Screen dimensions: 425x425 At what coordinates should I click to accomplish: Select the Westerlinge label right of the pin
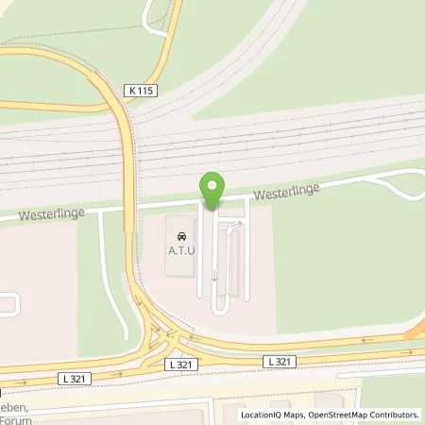(285, 192)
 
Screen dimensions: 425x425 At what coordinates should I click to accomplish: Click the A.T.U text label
(182, 250)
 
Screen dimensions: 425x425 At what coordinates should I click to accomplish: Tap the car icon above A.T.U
(182, 234)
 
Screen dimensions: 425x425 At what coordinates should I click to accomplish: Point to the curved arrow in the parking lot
(236, 225)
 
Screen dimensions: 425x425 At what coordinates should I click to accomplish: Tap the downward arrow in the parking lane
(213, 276)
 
